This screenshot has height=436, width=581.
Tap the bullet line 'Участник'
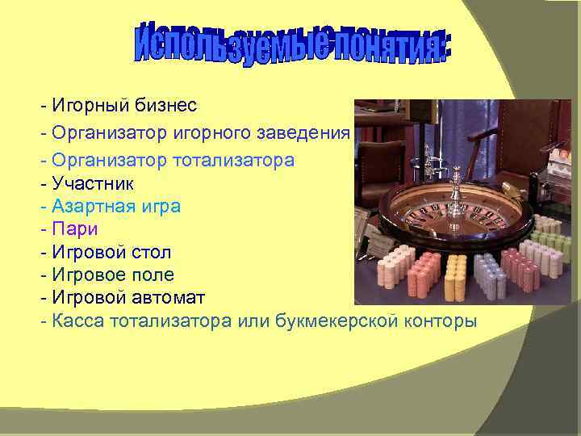(x=90, y=182)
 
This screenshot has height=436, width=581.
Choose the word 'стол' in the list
(x=153, y=252)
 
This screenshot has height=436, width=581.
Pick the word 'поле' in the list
(x=153, y=275)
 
